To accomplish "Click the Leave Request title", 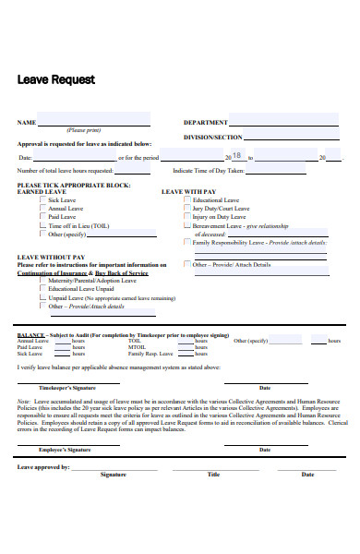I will pos(56,79).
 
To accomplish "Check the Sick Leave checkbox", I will pos(42,199).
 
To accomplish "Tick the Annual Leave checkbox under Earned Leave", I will pos(42,209).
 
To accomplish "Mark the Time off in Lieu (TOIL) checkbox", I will pos(42,225).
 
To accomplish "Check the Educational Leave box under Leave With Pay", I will pos(186,199).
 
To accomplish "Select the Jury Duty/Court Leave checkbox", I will pos(186,209).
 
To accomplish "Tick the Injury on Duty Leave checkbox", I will pos(186,217).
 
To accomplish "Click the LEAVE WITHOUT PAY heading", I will pos(51,257).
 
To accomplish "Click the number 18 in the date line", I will pos(237,156).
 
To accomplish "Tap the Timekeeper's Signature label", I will pos(67,388).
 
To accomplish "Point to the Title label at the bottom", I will pos(214,475).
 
